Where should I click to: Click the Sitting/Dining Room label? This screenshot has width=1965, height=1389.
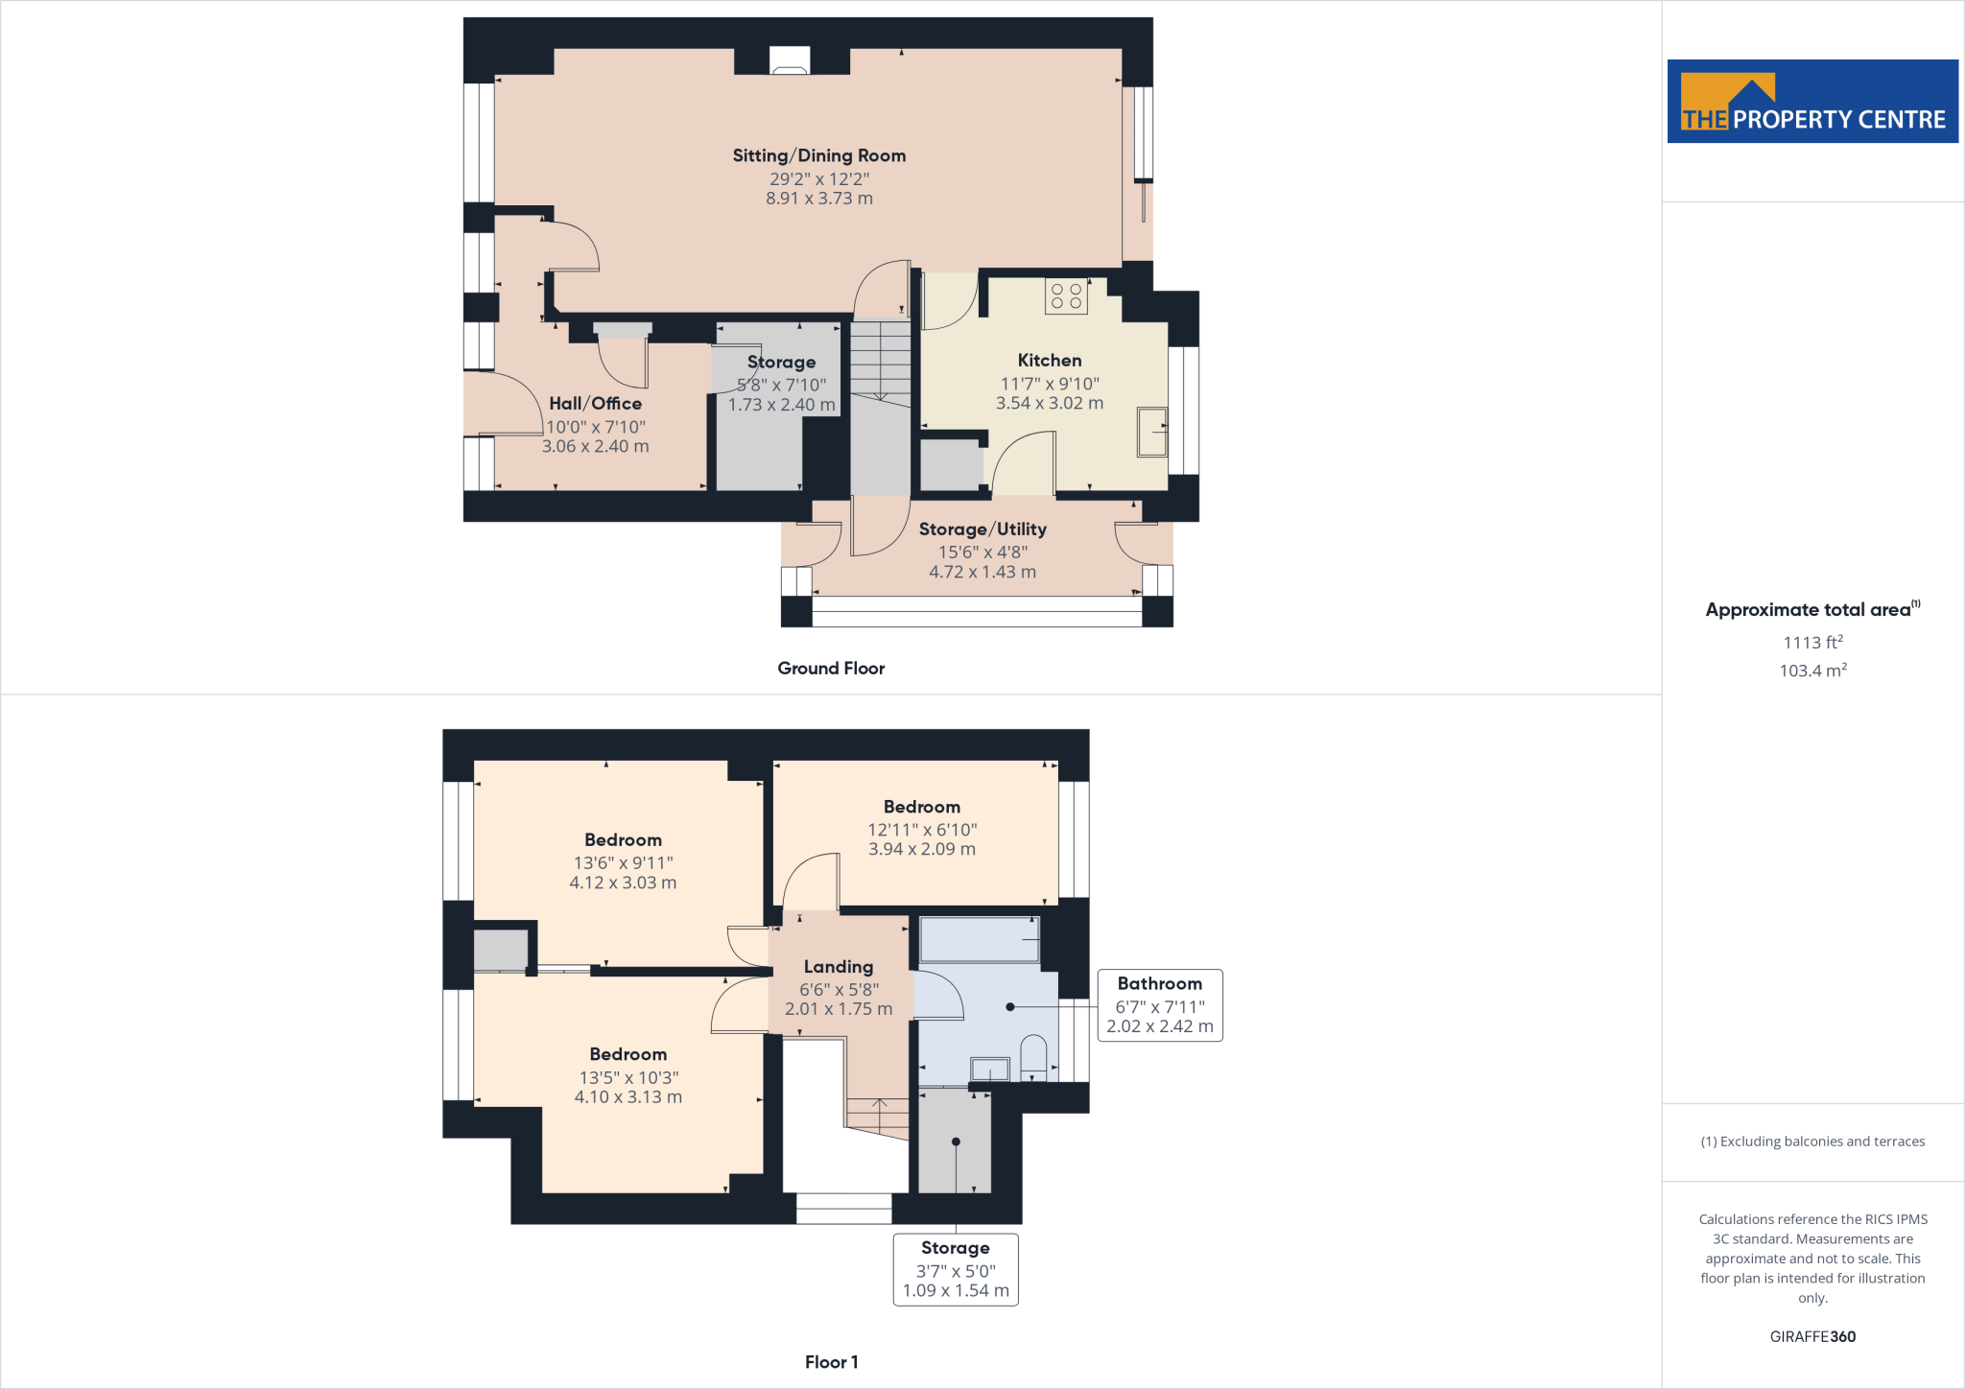click(x=818, y=155)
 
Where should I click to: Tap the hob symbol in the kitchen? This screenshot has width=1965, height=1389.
click(x=1066, y=295)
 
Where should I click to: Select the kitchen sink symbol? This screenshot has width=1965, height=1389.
click(x=1151, y=432)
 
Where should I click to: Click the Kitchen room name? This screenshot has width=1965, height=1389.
click(x=1050, y=361)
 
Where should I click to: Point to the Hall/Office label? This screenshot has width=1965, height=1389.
click(x=595, y=404)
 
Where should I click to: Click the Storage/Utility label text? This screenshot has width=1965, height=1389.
click(x=982, y=530)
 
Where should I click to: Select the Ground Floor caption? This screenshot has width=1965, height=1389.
click(x=831, y=669)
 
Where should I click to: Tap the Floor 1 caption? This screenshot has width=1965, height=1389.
click(x=831, y=1362)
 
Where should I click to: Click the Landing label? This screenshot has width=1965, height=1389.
click(x=839, y=967)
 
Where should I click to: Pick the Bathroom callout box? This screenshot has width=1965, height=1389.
click(x=1160, y=1004)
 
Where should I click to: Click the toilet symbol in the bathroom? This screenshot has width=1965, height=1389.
click(x=1033, y=1056)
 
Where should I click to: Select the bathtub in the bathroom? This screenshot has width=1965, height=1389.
click(x=980, y=939)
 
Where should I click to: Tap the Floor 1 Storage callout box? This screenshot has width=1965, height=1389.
click(x=956, y=1269)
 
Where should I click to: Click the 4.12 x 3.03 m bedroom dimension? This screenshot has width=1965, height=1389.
click(x=623, y=883)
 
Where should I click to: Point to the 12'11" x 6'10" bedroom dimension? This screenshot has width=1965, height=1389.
click(x=922, y=830)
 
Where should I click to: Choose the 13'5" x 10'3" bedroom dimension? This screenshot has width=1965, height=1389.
click(x=628, y=1077)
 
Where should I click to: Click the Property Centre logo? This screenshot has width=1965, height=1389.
click(x=1812, y=102)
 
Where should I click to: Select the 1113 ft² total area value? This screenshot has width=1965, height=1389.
click(x=1812, y=643)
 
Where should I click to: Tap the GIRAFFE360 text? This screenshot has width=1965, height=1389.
click(x=1812, y=1336)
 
